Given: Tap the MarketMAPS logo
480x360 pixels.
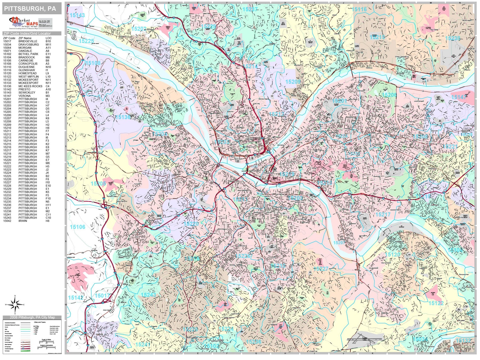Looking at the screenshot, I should coord(24,23).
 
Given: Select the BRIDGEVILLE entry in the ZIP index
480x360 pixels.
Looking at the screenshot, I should coord(28,41).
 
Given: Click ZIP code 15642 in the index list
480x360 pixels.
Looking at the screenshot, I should coord(7,221).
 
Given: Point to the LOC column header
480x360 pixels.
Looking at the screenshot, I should coord(48,38).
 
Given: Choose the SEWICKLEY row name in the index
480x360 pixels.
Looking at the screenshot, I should coord(27,93).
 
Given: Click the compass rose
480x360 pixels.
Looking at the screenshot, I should coord(15,305).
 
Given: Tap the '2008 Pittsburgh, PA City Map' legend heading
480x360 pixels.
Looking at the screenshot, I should coord(32,317).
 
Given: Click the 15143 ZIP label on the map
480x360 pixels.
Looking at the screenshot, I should coord(77,15).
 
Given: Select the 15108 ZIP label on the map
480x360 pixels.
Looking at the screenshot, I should coord(93,63).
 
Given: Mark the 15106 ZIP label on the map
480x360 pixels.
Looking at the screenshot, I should coord(77,227).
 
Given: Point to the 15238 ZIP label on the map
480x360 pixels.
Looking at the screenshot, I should coord(453,38).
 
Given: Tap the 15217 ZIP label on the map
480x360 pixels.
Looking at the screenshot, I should coord(383,214).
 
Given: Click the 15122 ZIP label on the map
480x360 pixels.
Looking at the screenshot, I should coord(436,303).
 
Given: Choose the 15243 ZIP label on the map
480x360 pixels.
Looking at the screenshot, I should coord(148,295).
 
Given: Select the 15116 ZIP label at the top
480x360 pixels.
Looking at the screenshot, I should coord(359,9).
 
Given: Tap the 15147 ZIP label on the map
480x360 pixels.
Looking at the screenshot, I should coord(459,97).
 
